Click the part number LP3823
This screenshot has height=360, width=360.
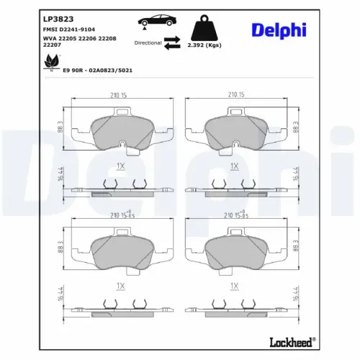click(58, 19)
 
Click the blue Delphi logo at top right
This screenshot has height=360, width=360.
click(279, 30)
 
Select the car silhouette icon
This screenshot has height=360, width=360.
click(157, 21)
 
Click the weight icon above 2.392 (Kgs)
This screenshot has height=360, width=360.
click(204, 28)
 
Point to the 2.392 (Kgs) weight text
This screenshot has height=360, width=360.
click(204, 45)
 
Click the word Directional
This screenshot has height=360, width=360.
click(148, 42)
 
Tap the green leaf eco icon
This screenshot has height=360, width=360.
click(51, 62)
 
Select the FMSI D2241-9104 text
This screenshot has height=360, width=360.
click(69, 30)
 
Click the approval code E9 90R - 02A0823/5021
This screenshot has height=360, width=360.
click(97, 71)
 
